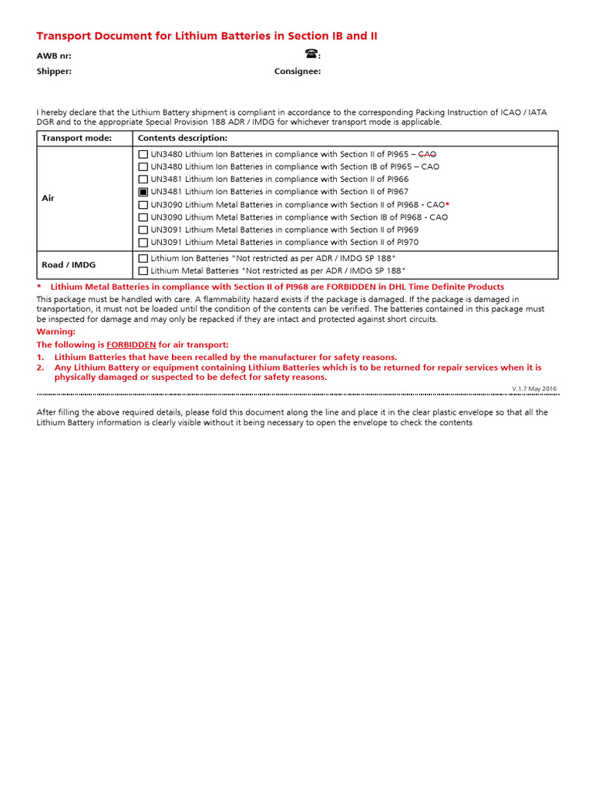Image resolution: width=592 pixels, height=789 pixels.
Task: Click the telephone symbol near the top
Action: tap(311, 54)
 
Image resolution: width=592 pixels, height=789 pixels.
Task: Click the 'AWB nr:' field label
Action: tap(55, 55)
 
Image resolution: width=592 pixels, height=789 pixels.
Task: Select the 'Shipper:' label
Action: tap(54, 71)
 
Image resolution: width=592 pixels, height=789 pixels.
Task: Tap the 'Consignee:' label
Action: tap(298, 71)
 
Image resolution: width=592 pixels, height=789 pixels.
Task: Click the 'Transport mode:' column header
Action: tap(76, 138)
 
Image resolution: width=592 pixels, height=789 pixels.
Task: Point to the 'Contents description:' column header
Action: tap(183, 138)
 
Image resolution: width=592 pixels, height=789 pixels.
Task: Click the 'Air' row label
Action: tap(48, 198)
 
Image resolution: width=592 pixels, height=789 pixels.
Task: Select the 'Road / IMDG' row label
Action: tap(69, 264)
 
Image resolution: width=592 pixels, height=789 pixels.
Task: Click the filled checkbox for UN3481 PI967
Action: tap(143, 192)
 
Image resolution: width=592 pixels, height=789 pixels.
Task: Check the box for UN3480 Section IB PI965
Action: tap(143, 166)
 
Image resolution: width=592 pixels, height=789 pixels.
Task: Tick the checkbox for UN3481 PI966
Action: tap(143, 179)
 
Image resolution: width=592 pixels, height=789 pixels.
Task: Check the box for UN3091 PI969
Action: tap(143, 230)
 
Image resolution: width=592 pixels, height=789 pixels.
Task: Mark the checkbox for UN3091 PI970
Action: tap(143, 242)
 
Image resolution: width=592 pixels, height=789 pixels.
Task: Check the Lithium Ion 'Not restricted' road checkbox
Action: tap(143, 258)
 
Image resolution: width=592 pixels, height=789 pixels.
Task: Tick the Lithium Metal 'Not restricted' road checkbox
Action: tap(143, 270)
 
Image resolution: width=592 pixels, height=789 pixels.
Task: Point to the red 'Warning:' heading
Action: tap(56, 331)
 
